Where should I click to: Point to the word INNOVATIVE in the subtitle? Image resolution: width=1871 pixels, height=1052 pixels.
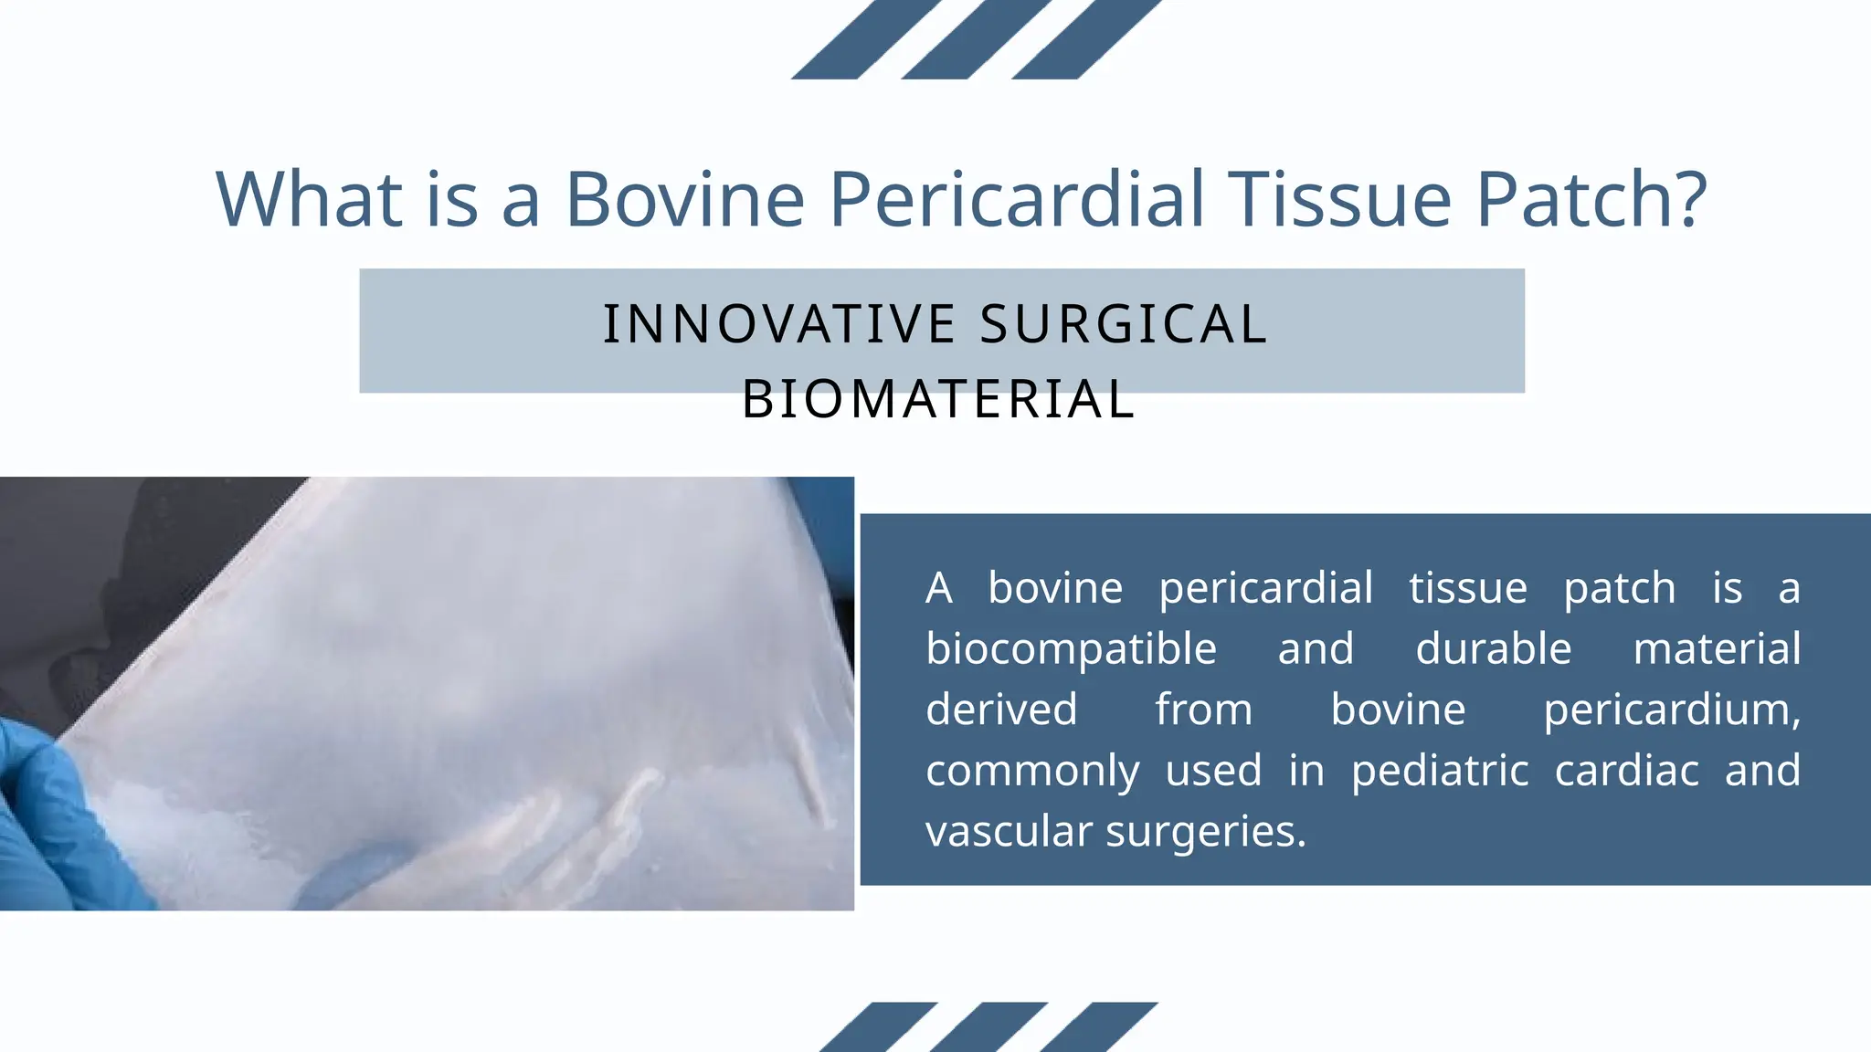(779, 324)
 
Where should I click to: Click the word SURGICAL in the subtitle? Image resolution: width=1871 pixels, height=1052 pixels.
(1123, 324)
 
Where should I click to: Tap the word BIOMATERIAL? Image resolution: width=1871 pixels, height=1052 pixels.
(938, 400)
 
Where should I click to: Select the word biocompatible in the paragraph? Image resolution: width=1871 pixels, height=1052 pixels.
(1071, 648)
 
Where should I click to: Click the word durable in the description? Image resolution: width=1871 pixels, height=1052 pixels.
(1494, 648)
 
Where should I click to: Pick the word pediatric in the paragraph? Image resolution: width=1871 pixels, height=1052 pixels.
(1440, 770)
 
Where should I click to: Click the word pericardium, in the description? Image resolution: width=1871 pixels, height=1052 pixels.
(1672, 710)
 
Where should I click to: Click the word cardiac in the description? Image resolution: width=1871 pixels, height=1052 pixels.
(1626, 770)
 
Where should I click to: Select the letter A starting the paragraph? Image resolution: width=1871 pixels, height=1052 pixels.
(938, 588)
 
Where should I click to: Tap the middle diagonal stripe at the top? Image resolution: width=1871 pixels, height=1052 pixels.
(976, 38)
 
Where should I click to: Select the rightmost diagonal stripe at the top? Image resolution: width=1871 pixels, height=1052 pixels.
(1086, 38)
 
